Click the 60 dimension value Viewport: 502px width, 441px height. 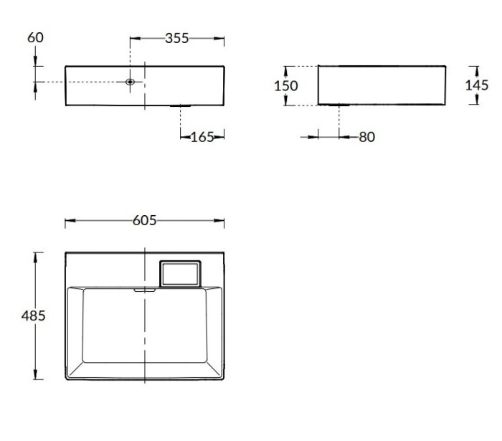tap(35, 37)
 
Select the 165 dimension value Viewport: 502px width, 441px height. tap(203, 137)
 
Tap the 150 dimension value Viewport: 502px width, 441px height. tap(287, 86)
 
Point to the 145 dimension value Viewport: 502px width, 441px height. tap(477, 85)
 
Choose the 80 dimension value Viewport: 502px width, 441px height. tap(366, 136)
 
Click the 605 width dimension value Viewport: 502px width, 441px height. tap(144, 221)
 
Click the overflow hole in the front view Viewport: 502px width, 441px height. tap(130, 82)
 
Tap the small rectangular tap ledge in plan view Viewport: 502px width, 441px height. tap(180, 273)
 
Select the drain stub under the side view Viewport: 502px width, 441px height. tap(332, 105)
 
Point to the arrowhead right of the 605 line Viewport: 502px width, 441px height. tap(221, 222)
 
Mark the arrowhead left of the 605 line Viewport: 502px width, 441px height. tap(69, 222)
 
